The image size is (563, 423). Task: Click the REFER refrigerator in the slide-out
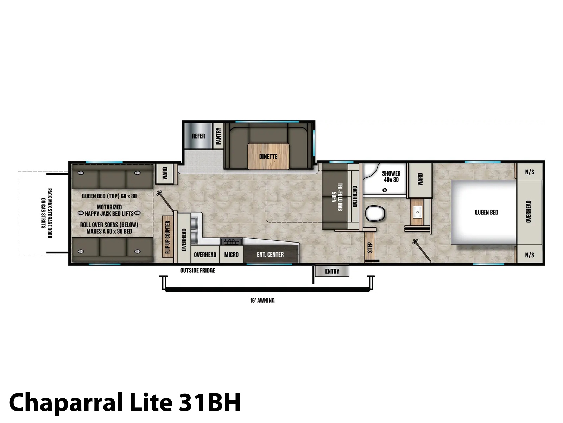[x=198, y=136]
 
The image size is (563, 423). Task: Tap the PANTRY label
[x=218, y=136]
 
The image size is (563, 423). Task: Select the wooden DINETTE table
[x=268, y=156]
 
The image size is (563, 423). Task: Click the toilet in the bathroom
[x=375, y=213]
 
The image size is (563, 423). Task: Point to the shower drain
[x=385, y=190]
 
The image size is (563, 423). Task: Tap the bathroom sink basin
[x=417, y=212]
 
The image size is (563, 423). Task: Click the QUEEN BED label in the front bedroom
[x=486, y=212]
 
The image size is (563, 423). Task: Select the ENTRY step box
[x=332, y=271]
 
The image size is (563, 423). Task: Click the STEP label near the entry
[x=369, y=247]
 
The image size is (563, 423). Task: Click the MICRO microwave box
[x=231, y=254]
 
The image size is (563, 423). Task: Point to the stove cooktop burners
[x=231, y=241]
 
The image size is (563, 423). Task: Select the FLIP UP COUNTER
[x=168, y=237]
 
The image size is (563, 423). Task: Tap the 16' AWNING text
[x=262, y=300]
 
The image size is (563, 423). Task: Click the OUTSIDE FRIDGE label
[x=197, y=270]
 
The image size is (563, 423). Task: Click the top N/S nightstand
[x=530, y=172]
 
